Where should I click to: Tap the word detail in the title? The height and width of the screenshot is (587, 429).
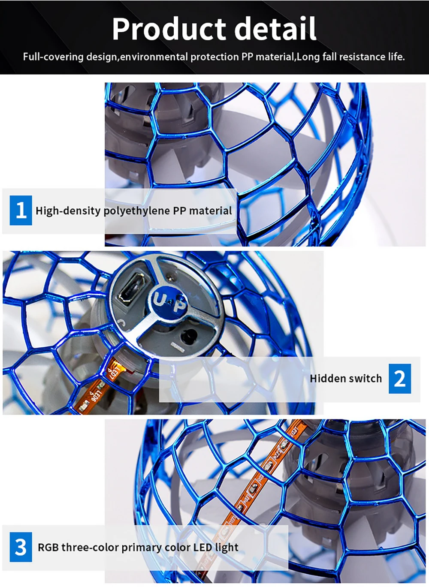[x=275, y=28]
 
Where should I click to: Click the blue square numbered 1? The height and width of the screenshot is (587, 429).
[x=21, y=210]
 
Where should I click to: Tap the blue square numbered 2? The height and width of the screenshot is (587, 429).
[x=400, y=379]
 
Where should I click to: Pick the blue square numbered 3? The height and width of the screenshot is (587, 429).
[x=21, y=547]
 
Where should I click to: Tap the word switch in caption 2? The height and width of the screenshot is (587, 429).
[x=363, y=379]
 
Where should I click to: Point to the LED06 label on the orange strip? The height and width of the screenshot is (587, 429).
[x=96, y=395]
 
